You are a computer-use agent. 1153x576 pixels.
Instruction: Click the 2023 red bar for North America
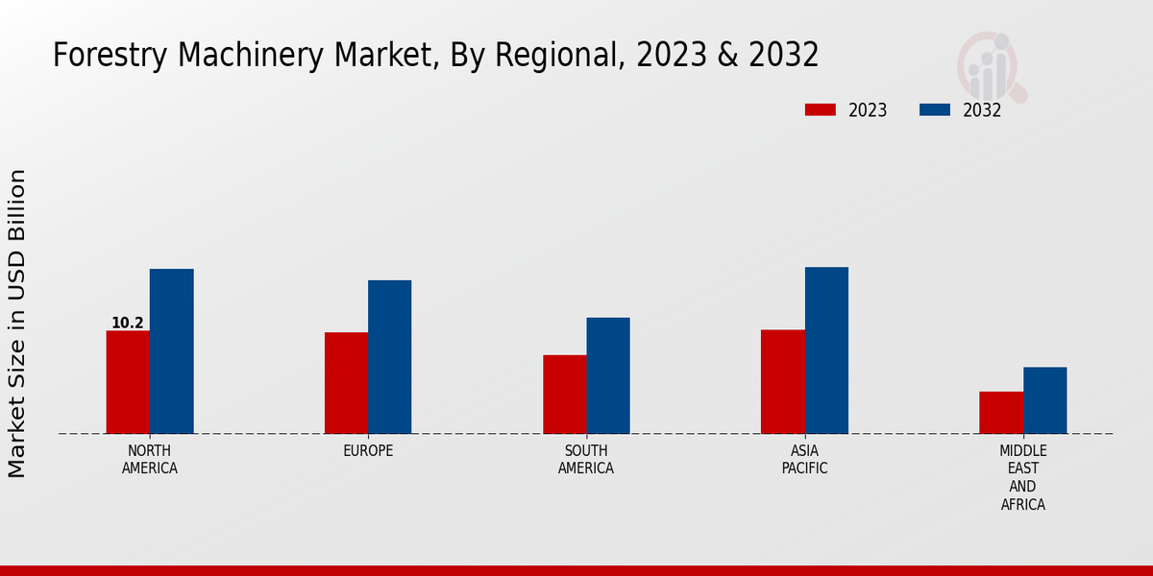point(128,382)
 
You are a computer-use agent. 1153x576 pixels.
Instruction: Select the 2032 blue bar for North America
point(171,351)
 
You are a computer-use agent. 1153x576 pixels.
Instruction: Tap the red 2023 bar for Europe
point(346,383)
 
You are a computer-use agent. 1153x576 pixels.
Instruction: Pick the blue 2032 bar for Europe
point(389,357)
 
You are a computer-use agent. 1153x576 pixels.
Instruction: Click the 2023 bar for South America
point(564,395)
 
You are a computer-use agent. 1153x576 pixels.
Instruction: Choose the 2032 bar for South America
point(608,375)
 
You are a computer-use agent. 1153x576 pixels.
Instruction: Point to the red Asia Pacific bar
point(782,382)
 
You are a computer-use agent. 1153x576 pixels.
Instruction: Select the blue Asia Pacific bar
point(826,350)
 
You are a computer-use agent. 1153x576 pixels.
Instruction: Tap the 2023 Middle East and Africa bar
point(1001,413)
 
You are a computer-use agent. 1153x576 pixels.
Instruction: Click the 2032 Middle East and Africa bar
point(1044,400)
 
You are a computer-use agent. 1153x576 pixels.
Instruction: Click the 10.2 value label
point(128,323)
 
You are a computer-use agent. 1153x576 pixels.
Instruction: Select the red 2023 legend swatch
point(821,109)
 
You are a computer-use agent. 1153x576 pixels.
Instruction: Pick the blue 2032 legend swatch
point(935,109)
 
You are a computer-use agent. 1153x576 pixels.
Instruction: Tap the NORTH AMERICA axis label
point(150,459)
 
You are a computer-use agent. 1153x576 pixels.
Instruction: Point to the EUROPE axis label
point(368,450)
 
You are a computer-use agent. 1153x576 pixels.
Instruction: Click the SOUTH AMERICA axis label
point(586,459)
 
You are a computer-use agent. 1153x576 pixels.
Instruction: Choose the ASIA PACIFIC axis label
point(804,459)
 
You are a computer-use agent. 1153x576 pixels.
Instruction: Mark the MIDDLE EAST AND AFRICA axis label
point(1022,477)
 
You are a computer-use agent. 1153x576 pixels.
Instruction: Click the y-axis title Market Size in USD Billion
point(17,324)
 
